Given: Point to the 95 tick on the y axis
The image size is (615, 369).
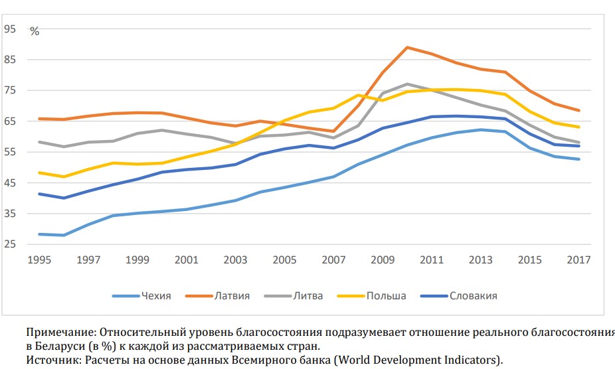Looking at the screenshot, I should coord(10,29).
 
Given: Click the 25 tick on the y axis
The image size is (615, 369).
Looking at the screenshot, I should coord(10,244).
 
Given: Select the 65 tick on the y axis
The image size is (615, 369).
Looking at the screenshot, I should coord(10,121).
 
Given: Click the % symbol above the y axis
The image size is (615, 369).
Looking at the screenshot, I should coord(35,32).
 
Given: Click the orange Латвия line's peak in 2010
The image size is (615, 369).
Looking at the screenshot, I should coord(407,47).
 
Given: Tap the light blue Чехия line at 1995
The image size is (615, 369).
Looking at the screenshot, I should coord(41,234).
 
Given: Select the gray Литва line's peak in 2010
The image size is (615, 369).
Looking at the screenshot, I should coord(407,84).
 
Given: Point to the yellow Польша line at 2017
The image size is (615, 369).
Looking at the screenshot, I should coord(579,127).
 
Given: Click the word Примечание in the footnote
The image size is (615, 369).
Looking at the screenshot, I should coord(59,331).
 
